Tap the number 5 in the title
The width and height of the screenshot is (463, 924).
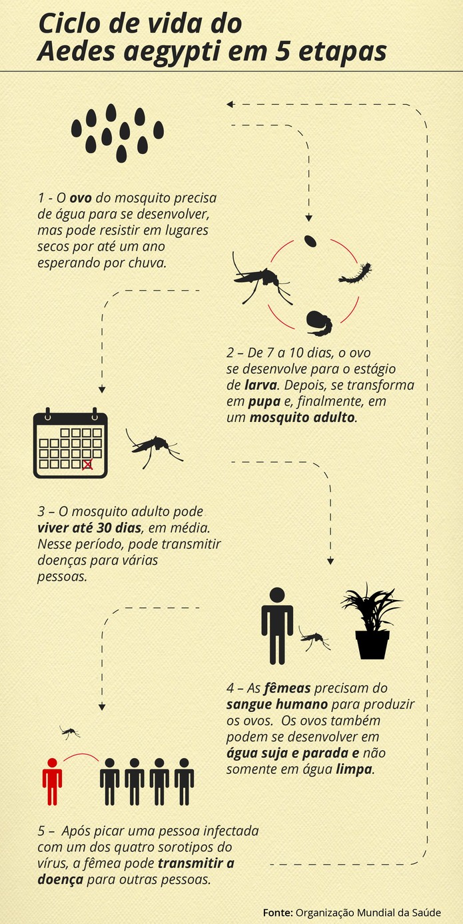282,52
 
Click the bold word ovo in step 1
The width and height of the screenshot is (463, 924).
81,198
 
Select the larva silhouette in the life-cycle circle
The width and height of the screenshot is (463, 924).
355,273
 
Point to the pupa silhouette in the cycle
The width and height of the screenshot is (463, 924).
319,323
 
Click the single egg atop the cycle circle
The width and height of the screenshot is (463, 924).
310,241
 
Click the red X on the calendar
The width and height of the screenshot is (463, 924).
87,465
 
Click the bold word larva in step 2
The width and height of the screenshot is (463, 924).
260,385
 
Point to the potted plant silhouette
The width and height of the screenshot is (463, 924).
372,621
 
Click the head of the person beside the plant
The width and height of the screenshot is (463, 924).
277,595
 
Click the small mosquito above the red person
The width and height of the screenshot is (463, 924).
69,732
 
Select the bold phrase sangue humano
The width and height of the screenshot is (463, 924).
277,704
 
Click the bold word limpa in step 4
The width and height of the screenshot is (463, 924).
354,769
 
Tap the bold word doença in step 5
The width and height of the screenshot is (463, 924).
60,879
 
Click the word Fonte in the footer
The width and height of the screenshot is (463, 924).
278,913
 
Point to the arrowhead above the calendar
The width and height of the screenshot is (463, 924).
102,389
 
